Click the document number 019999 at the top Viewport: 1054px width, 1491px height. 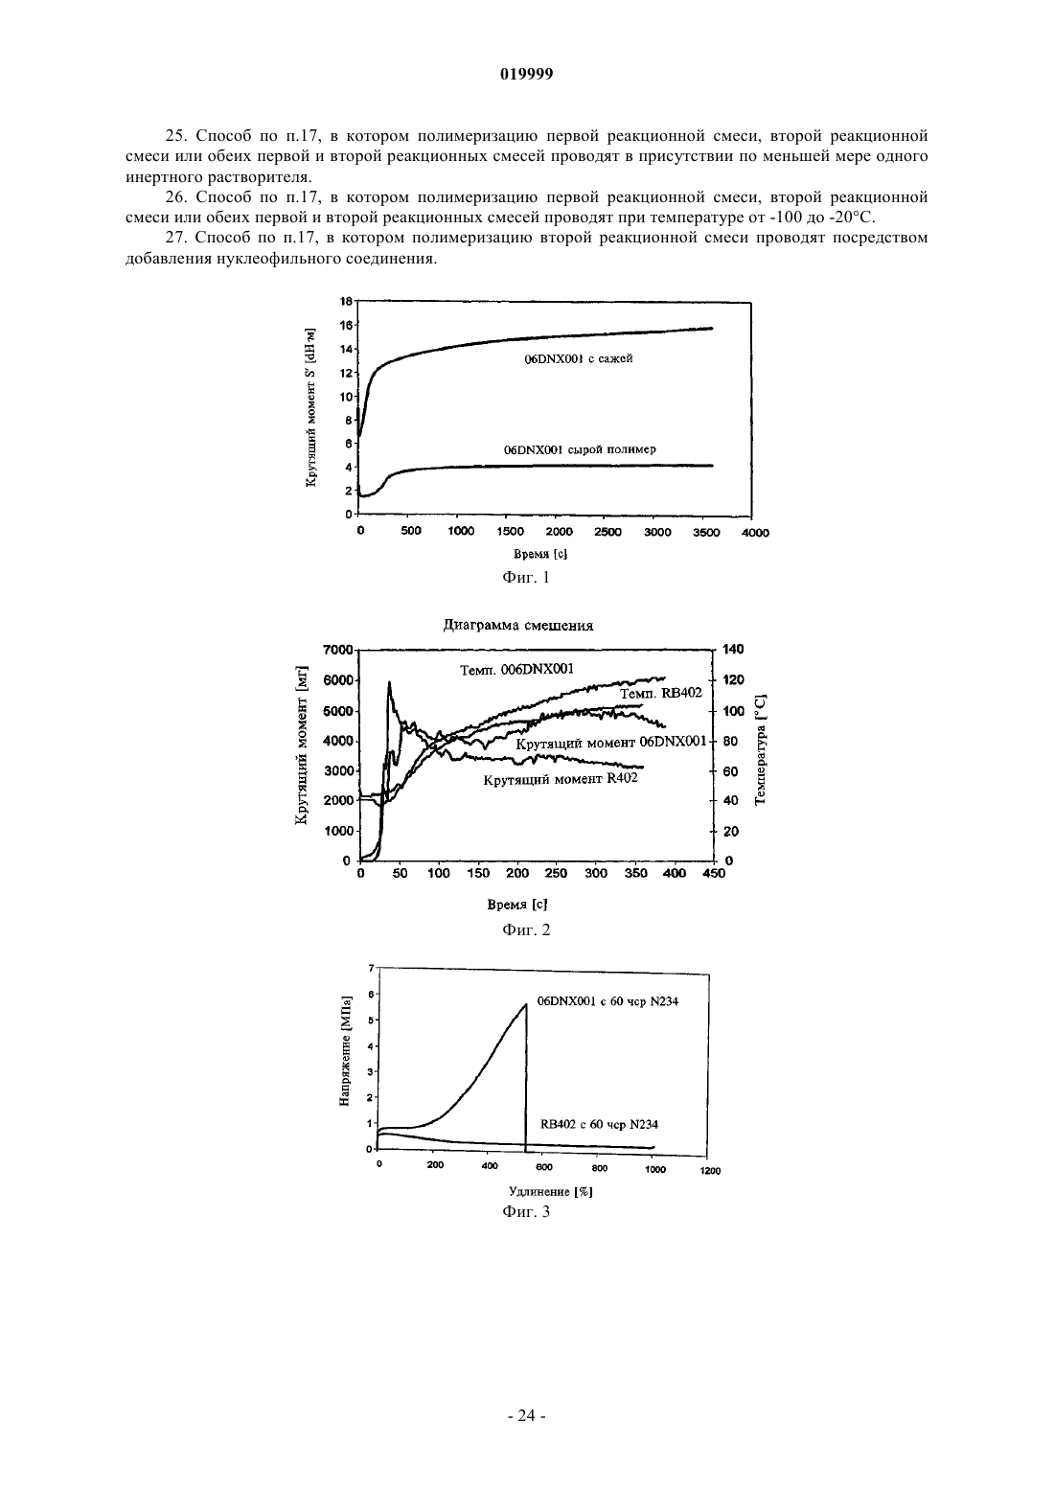pos(526,75)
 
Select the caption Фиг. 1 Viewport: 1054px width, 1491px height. pos(526,577)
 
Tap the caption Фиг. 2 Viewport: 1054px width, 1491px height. pos(526,929)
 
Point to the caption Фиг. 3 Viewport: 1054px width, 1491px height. pos(526,1211)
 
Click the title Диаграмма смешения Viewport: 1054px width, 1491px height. pos(518,626)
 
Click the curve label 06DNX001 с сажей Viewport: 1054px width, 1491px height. pos(578,358)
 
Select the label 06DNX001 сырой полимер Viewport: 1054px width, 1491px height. pos(580,449)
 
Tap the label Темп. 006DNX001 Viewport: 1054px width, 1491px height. pos(516,669)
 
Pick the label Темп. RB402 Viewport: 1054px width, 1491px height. pos(661,693)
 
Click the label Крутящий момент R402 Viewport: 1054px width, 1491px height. pos(561,779)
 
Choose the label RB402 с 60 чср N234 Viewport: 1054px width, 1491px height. pos(599,1124)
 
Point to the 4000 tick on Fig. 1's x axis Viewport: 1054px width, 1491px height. pos(755,532)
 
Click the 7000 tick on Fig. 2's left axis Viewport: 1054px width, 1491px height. pos(337,649)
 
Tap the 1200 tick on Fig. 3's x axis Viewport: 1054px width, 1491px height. pos(710,1171)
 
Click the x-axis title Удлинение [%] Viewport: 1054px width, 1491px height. pos(550,1191)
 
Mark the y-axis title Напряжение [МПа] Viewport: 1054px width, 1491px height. pos(345,1051)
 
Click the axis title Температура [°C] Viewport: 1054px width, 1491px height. pos(761,749)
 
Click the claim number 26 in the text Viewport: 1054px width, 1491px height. pos(174,197)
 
